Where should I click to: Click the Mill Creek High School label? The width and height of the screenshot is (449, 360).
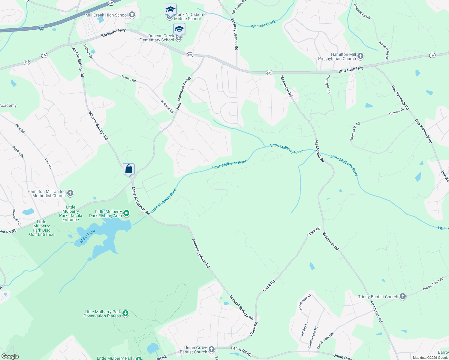pyautogui.click(x=107, y=15)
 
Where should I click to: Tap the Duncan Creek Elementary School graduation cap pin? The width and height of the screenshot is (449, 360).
pyautogui.click(x=179, y=29)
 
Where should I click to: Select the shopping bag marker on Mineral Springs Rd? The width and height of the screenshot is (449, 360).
pyautogui.click(x=128, y=169)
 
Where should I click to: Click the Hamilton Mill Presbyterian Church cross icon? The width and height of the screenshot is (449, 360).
pyautogui.click(x=360, y=56)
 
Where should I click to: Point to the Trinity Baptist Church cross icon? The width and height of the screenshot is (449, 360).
pyautogui.click(x=403, y=297)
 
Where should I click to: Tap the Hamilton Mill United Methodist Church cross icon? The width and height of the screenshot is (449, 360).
pyautogui.click(x=70, y=193)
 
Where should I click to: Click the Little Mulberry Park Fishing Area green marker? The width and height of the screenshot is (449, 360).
pyautogui.click(x=126, y=213)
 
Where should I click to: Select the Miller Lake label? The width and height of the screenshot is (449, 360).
pyautogui.click(x=87, y=236)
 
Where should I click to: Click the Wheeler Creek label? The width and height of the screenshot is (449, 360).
pyautogui.click(x=263, y=24)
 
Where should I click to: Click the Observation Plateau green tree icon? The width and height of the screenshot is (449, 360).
pyautogui.click(x=125, y=313)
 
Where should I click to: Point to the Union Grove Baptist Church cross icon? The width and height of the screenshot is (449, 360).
pyautogui.click(x=212, y=349)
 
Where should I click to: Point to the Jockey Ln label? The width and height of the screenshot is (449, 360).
pyautogui.click(x=304, y=328)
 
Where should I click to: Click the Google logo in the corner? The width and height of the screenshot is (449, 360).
pyautogui.click(x=10, y=356)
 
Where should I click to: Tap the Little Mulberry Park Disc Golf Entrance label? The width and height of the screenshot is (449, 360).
pyautogui.click(x=42, y=228)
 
